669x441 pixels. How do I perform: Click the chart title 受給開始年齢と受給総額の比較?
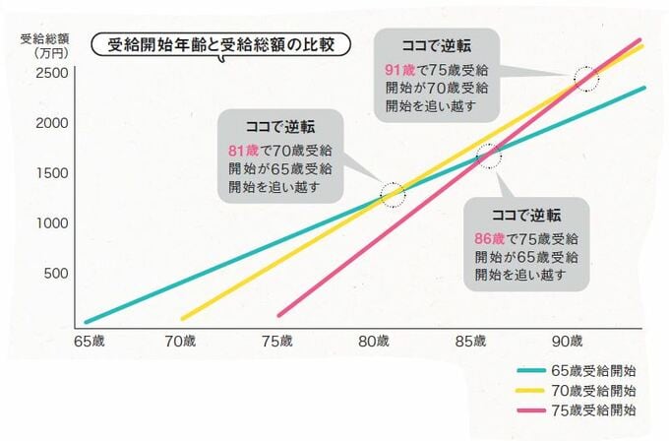coord(220,47)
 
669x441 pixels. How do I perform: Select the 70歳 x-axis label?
coord(182,341)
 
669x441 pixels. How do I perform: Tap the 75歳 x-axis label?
coord(278,341)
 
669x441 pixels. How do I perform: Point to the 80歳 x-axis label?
coord(375,341)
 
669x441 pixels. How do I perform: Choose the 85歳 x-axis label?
coord(471,341)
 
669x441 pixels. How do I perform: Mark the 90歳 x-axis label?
coord(568,341)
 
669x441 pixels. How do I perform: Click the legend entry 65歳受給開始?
coord(591,371)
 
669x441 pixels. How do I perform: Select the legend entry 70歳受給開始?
coord(591,390)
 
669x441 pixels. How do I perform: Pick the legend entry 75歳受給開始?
coord(591,409)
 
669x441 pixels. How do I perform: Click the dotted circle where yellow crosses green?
coord(392,193)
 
